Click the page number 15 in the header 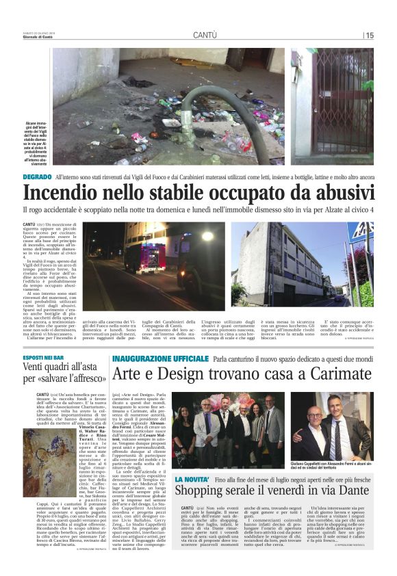pos(369,35)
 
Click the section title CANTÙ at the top pos(205,34)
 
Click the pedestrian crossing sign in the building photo pos(363,233)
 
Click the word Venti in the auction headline pos(38,371)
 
